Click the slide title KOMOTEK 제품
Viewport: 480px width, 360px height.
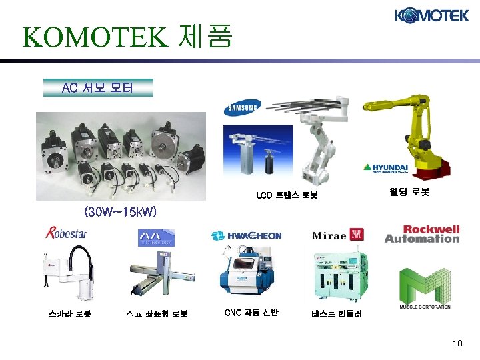[127, 37]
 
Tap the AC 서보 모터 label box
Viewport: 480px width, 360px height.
[98, 87]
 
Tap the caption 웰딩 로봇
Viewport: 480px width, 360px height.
[409, 192]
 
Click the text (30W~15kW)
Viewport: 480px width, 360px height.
[120, 212]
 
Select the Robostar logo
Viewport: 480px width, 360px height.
[66, 233]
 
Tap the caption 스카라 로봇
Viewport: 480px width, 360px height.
[69, 312]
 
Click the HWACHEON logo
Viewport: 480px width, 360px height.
[246, 235]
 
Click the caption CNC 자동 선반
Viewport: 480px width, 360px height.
[251, 312]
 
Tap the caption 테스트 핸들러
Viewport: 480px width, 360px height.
[337, 313]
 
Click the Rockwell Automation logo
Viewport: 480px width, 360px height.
[422, 234]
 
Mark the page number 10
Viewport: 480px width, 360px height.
[457, 344]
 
